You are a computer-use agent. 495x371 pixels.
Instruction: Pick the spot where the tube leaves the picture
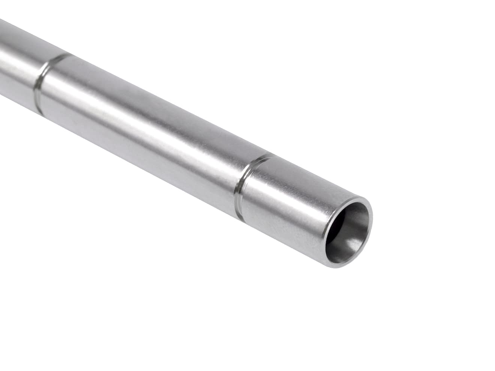(x=2, y=56)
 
